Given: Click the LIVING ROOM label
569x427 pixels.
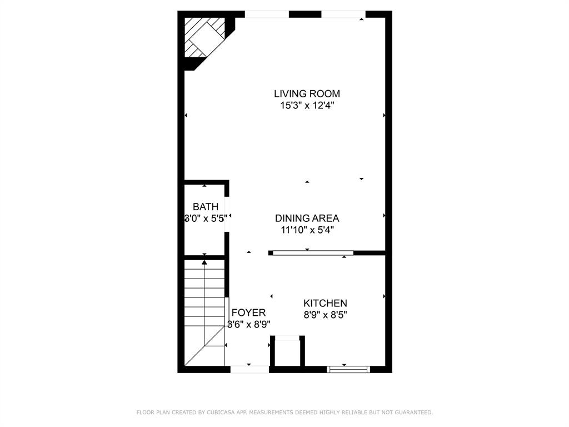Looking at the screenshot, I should pyautogui.click(x=307, y=93).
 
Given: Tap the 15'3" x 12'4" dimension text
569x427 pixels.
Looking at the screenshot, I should pyautogui.click(x=307, y=105).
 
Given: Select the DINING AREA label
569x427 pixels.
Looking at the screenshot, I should pyautogui.click(x=307, y=218).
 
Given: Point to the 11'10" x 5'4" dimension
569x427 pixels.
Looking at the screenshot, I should pyautogui.click(x=307, y=229).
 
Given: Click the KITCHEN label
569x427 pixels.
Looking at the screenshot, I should pyautogui.click(x=325, y=303).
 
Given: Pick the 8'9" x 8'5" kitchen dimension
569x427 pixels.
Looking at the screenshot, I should pyautogui.click(x=325, y=315).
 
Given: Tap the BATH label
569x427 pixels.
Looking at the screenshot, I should pyautogui.click(x=206, y=207).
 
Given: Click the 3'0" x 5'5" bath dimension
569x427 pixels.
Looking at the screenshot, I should pyautogui.click(x=206, y=219).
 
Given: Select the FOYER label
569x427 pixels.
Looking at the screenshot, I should pyautogui.click(x=248, y=312).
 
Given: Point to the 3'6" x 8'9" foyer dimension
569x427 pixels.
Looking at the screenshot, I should pyautogui.click(x=248, y=324).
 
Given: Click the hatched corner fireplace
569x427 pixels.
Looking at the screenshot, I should pyautogui.click(x=204, y=37).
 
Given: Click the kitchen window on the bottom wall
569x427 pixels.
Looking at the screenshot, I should pyautogui.click(x=348, y=369).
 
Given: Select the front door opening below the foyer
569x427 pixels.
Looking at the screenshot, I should pyautogui.click(x=249, y=369).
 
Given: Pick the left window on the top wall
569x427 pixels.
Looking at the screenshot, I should pyautogui.click(x=267, y=14).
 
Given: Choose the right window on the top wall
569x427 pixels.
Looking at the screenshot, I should pyautogui.click(x=343, y=14).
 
